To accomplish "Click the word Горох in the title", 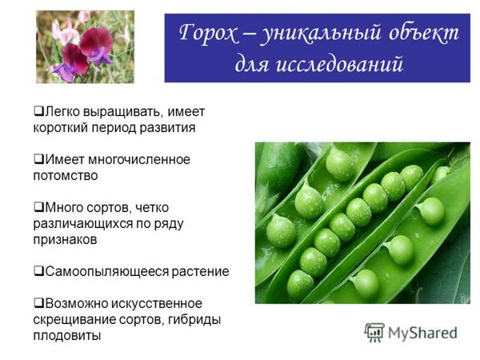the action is tap(208, 33).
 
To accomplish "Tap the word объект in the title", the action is tap(424, 33).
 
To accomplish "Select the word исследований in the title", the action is tap(339, 64).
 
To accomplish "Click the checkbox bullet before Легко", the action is tap(38, 110).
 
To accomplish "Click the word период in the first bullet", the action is tap(114, 128).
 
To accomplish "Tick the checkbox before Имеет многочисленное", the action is tap(38, 158).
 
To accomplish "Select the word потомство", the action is tap(66, 176).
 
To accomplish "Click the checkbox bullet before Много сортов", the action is tap(38, 206).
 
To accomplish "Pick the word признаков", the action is tap(65, 240).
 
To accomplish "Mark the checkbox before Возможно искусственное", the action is tap(38, 302).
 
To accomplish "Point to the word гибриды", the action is tap(194, 320).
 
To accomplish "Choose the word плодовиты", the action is tap(66, 335).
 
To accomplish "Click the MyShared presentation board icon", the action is tap(374, 332).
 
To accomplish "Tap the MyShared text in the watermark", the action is tap(422, 333).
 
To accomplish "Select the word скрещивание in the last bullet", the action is tap(74, 320).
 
